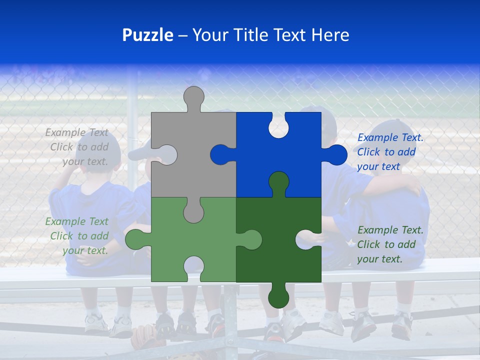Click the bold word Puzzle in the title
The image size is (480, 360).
coord(148,35)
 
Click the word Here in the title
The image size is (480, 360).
coord(330,35)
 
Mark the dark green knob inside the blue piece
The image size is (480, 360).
coord(278,183)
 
